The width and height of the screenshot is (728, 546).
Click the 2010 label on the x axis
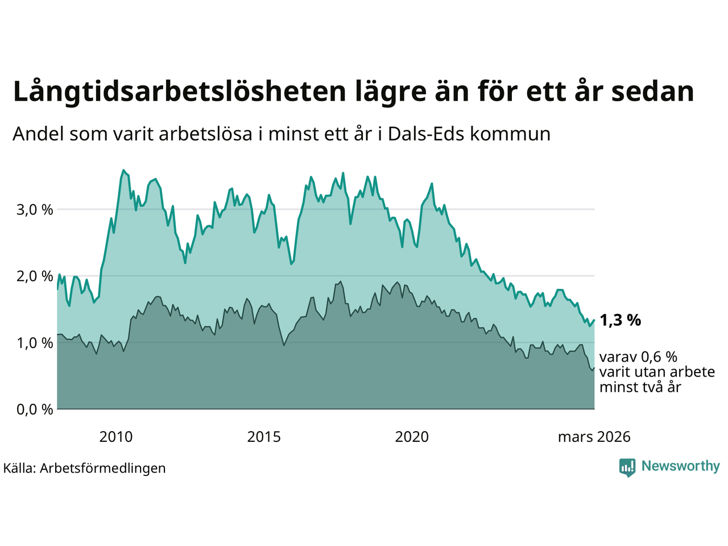[x=115, y=437]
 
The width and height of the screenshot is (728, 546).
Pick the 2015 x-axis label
[x=264, y=437]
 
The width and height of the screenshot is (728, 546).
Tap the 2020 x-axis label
[x=412, y=437]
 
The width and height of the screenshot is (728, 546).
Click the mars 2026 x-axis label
[x=594, y=437]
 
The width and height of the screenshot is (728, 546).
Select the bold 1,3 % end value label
[x=620, y=320]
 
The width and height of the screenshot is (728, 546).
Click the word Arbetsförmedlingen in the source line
[x=103, y=468]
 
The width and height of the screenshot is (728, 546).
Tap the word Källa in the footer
[x=19, y=468]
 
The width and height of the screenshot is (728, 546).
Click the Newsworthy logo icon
[x=627, y=468]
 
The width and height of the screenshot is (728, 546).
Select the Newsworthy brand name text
[x=680, y=466]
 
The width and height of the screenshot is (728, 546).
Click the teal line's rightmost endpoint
[x=594, y=320]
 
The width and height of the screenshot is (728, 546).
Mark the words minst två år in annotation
[x=640, y=387]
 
